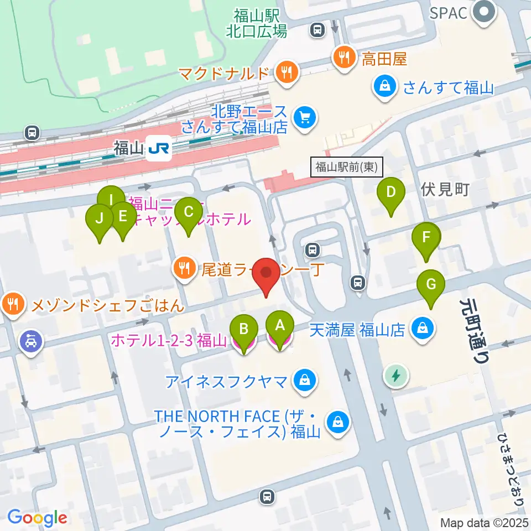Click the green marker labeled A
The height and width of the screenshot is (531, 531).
[280, 326]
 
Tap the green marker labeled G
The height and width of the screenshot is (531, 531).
[432, 285]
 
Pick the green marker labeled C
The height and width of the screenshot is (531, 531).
[188, 212]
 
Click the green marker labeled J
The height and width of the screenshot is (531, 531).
[100, 218]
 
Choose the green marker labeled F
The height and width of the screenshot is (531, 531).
[426, 238]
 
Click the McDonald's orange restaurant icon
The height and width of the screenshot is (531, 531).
[287, 71]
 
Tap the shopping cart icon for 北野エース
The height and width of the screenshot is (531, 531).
[304, 117]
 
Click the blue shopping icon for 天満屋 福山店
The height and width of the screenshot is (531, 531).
[423, 330]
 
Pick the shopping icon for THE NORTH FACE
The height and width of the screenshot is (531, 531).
[337, 423]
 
